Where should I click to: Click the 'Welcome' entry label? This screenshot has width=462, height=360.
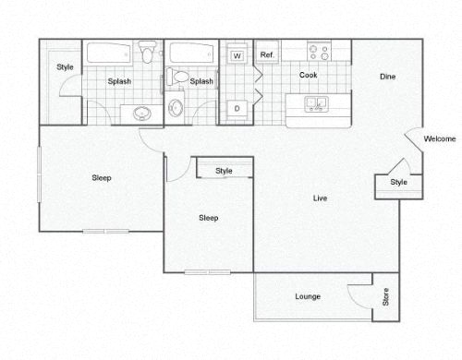click(440, 139)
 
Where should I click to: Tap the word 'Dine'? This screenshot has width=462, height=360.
click(388, 78)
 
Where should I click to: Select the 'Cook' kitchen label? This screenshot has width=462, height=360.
click(308, 74)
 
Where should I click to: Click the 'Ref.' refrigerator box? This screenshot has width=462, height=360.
click(267, 55)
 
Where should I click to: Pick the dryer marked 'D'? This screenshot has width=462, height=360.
click(237, 109)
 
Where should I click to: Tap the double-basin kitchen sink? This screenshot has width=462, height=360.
click(314, 103)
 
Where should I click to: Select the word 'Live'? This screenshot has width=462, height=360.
click(320, 198)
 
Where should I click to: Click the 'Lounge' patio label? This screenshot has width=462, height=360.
click(308, 296)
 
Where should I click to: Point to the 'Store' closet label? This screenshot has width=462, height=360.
click(385, 297)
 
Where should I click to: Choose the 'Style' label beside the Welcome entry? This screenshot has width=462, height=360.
click(397, 183)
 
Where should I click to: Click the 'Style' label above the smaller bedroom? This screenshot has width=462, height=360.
click(225, 171)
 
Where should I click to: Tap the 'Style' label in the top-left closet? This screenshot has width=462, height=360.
click(65, 66)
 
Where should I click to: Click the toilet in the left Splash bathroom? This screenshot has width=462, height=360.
click(147, 53)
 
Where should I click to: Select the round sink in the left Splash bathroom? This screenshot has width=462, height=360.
click(141, 114)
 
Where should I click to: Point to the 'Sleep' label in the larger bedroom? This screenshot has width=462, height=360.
click(102, 177)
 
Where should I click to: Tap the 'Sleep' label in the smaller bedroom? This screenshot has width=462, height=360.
click(209, 218)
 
